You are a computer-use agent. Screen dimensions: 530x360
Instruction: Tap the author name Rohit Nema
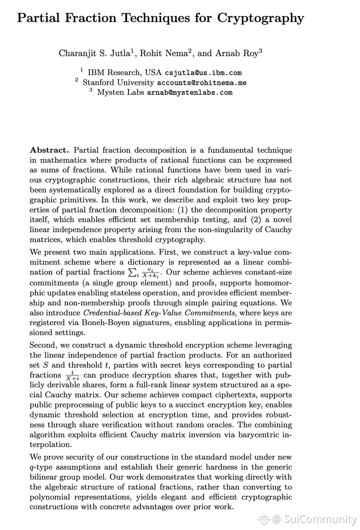coord(167,53)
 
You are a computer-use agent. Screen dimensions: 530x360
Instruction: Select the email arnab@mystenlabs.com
coord(189,92)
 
